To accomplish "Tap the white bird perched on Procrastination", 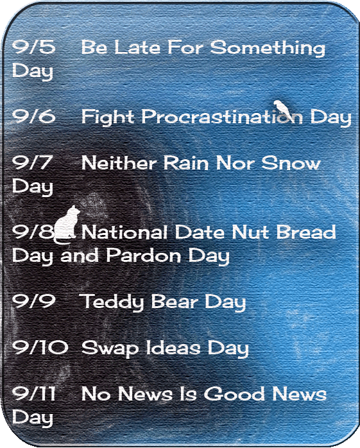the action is point(283,108).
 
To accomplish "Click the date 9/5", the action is point(34,47).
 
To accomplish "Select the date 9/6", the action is point(34,116).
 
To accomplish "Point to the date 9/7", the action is point(32,162).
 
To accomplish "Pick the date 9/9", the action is point(34,301).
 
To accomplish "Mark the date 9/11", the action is point(34,393).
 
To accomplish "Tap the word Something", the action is point(268,47).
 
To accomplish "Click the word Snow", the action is point(291,163).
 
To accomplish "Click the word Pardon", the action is point(144,255).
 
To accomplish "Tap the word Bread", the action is point(306,232).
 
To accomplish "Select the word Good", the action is point(234,393).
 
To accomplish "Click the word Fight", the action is point(108,117).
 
